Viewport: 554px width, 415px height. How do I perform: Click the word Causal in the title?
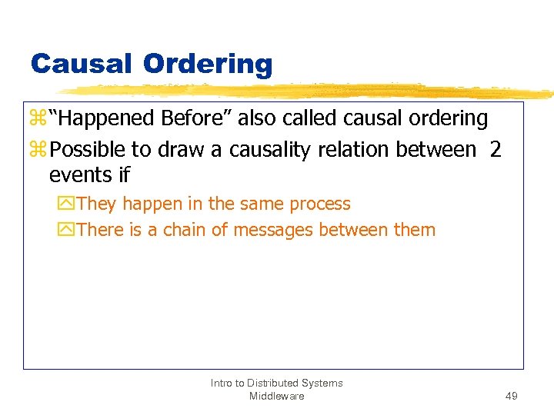(x=81, y=63)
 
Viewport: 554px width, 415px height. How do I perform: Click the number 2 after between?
(x=495, y=149)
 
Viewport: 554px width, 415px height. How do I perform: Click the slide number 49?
(x=511, y=396)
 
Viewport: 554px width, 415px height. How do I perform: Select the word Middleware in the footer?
(x=276, y=396)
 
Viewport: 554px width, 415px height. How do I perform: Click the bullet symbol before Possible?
(x=38, y=149)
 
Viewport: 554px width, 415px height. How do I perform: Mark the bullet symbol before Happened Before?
(x=38, y=118)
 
